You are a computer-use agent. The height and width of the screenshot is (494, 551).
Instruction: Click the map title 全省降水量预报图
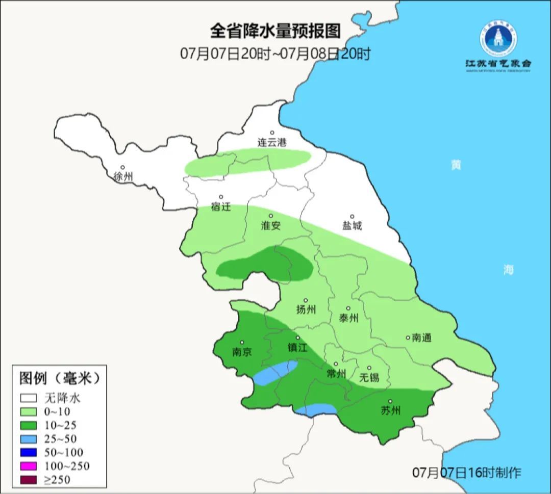click(x=275, y=31)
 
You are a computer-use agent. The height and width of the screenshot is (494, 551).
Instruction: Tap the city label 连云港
click(x=272, y=143)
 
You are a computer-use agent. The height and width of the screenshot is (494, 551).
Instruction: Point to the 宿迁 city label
click(x=221, y=207)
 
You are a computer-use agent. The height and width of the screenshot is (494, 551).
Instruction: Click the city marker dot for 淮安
click(x=271, y=216)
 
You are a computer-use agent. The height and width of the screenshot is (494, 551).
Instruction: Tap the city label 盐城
click(x=352, y=226)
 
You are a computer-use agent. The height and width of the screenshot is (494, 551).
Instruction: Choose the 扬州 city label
click(x=306, y=309)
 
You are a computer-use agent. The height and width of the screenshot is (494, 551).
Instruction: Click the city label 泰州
click(x=348, y=318)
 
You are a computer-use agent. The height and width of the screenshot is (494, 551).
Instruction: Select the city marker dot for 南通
click(x=408, y=337)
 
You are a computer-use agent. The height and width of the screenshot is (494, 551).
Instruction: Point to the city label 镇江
click(x=297, y=347)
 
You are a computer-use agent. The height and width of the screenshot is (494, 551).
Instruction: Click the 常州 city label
click(x=336, y=374)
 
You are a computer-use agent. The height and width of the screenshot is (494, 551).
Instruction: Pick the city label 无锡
click(x=369, y=377)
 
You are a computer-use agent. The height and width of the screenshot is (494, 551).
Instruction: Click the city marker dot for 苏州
click(x=390, y=401)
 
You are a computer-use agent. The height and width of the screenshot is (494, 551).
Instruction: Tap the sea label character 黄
click(x=456, y=165)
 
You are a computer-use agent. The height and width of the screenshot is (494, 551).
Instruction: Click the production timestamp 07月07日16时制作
click(x=467, y=472)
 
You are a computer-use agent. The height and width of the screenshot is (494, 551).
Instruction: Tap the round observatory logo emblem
click(x=498, y=39)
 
